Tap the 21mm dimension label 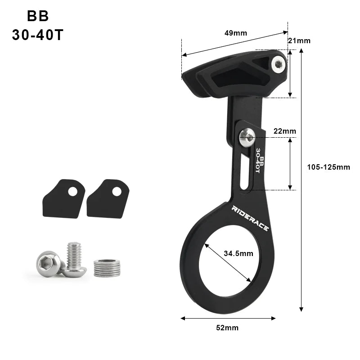(x=299, y=40)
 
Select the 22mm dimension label (x=284, y=131)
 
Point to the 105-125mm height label (x=328, y=167)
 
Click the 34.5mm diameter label (x=238, y=253)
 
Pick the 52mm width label (x=227, y=328)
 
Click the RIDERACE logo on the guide (x=250, y=219)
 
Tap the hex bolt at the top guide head (x=279, y=66)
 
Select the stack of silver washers (x=107, y=268)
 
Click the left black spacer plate (x=63, y=198)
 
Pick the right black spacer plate (x=108, y=198)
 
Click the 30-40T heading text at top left (x=38, y=35)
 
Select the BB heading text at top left (x=38, y=16)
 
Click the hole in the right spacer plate (x=117, y=191)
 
